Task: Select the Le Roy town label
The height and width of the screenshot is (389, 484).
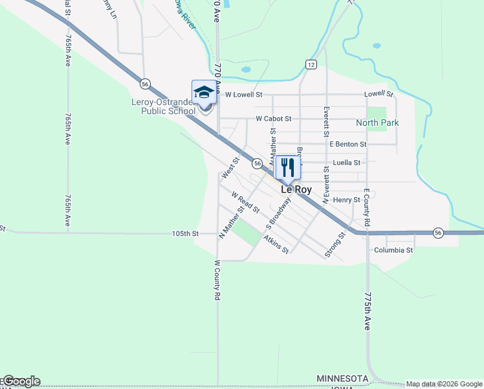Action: tap(296, 190)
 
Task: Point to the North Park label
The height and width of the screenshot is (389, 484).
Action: tap(377, 123)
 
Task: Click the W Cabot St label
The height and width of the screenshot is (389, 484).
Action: tap(274, 119)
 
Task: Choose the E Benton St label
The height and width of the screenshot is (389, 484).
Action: tap(347, 144)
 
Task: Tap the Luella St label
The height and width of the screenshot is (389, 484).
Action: tap(346, 163)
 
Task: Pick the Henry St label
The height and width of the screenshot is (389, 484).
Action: tap(346, 200)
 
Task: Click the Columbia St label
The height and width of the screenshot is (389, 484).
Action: tap(393, 250)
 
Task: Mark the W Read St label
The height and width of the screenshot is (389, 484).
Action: tap(245, 203)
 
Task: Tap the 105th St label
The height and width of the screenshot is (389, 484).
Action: tap(185, 233)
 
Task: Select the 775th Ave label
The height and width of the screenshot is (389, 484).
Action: tap(367, 311)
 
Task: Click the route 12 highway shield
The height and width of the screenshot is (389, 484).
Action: tap(311, 64)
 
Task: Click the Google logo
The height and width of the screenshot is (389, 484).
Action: tap(21, 381)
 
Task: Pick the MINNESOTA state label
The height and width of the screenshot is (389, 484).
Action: tap(342, 378)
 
